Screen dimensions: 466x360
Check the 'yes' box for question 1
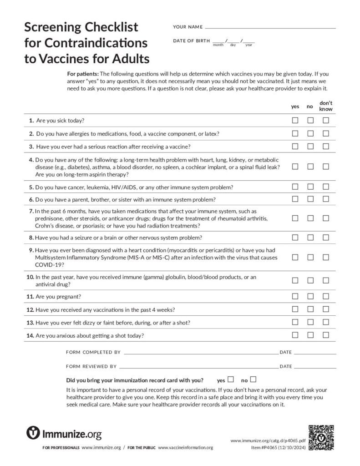295,121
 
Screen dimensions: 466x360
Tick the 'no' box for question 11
310,296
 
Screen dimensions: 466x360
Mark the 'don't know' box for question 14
326,335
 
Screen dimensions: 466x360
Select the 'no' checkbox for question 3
310,147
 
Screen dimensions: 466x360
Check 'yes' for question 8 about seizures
295,238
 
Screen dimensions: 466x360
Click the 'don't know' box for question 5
326,187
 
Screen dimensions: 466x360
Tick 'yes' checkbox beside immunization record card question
231,379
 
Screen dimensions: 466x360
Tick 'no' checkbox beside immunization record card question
254,379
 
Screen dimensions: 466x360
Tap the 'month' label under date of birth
218,45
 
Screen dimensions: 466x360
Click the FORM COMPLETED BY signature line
201,353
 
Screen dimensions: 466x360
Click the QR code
321,437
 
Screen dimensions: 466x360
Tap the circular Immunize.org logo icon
33,433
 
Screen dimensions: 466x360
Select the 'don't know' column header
326,106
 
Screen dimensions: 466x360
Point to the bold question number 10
30,277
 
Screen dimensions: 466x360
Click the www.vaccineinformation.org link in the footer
185,448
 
